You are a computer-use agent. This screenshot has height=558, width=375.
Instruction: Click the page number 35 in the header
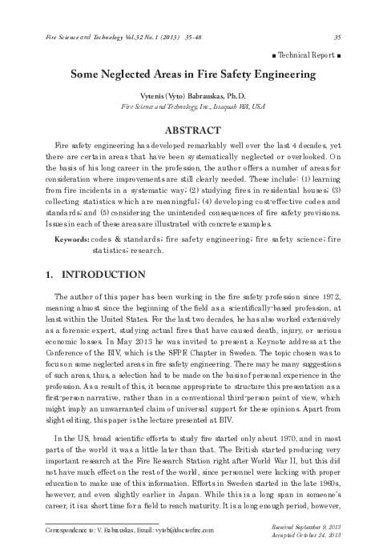[337, 36]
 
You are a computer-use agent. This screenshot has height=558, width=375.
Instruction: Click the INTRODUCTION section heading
[103, 275]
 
